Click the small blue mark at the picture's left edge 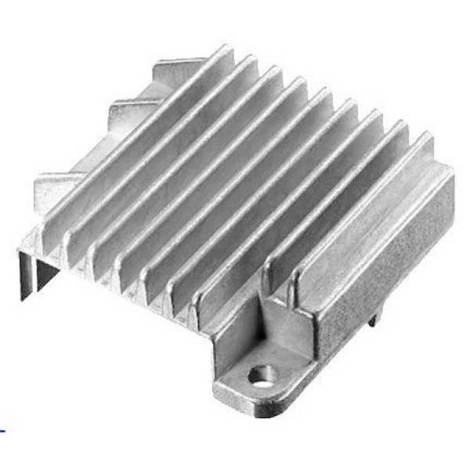2,430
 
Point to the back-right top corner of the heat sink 451,168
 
